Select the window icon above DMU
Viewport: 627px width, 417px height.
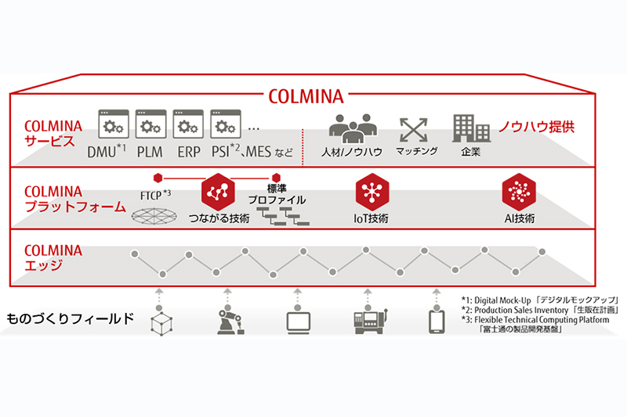pos(113,124)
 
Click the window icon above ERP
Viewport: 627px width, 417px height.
pos(188,124)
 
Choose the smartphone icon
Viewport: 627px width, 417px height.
pos(437,322)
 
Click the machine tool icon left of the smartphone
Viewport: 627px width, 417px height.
pos(366,322)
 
